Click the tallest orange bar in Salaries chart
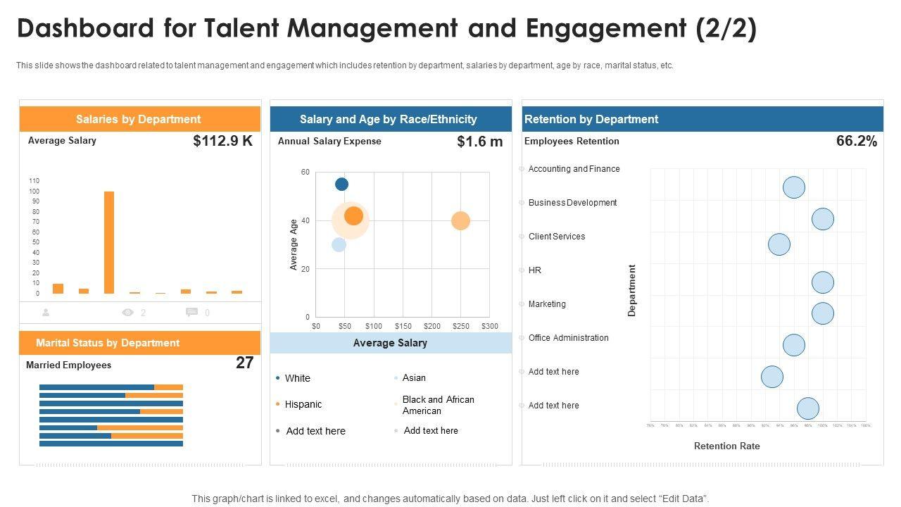pos(109,242)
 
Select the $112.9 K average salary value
pos(222,141)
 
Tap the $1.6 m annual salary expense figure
pos(480,142)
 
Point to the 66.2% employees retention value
pos(857,141)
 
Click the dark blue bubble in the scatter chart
pos(341,184)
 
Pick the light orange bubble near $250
pos(460,221)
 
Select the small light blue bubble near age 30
pos(339,244)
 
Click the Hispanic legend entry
pos(303,404)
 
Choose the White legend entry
pos(297,378)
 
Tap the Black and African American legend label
pos(438,405)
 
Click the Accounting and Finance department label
pos(574,169)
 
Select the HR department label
pos(535,270)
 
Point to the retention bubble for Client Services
pos(779,244)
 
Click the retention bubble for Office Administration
pos(794,345)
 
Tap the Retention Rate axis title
pos(726,446)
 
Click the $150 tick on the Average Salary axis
pos(403,326)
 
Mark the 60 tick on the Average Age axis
pos(305,172)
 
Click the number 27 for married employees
pos(244,363)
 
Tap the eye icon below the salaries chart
pos(127,313)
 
